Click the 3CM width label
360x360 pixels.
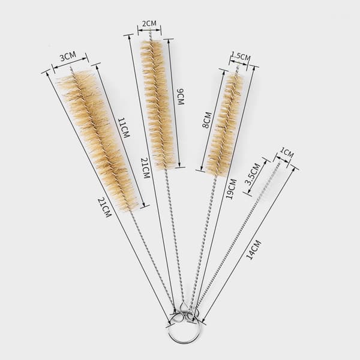68,56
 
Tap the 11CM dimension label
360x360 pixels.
124,128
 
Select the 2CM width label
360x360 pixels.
149,23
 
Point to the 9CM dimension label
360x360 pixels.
181,96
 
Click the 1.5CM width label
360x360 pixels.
241,56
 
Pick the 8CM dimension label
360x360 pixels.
206,120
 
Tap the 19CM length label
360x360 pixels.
231,189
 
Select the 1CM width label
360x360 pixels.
287,153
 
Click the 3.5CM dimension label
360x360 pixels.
253,174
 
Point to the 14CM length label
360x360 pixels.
254,250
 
